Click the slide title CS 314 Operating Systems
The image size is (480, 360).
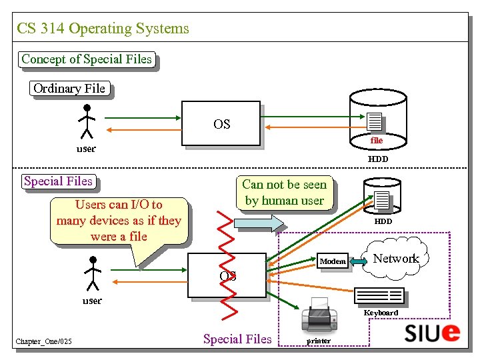pos(103,29)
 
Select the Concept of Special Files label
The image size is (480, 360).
pos(87,59)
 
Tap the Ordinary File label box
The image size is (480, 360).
pos(69,89)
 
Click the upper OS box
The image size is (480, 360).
pos(221,123)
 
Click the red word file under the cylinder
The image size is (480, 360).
pos(377,141)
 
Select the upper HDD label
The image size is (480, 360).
pos(378,159)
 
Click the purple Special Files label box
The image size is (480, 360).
pos(58,181)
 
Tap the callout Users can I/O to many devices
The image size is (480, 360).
pos(119,220)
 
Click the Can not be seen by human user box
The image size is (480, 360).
pos(285,193)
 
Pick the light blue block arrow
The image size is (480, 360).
pos(257,223)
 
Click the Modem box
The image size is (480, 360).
pos(333,261)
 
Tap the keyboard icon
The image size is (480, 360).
pos(379,295)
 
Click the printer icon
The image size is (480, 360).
pos(319,318)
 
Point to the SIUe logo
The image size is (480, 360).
pos(432,332)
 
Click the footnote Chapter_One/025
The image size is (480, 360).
pos(45,343)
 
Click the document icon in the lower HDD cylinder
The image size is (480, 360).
pos(382,199)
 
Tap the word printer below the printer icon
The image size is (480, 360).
pos(319,341)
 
